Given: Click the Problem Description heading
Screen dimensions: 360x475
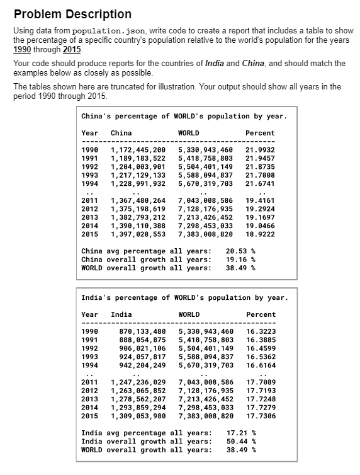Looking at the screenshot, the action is point(72,14).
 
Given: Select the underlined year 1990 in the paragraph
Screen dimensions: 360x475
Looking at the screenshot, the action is point(23,50).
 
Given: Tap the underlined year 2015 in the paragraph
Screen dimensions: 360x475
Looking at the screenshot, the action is point(72,50).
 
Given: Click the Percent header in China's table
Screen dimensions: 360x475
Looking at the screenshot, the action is point(261,133).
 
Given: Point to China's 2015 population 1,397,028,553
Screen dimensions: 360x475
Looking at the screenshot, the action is point(138,234).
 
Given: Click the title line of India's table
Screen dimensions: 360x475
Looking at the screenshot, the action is point(184,297).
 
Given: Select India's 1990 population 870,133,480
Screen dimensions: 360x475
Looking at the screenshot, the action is point(142,332).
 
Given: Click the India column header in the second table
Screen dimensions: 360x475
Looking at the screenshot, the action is point(121,314).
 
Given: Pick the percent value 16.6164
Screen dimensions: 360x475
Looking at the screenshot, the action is point(261,365).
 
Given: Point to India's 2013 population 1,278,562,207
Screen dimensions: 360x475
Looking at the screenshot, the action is point(138,399).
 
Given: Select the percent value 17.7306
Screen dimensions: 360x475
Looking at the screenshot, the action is point(261,416).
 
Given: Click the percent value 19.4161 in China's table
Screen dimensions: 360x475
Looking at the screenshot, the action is point(261,201).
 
